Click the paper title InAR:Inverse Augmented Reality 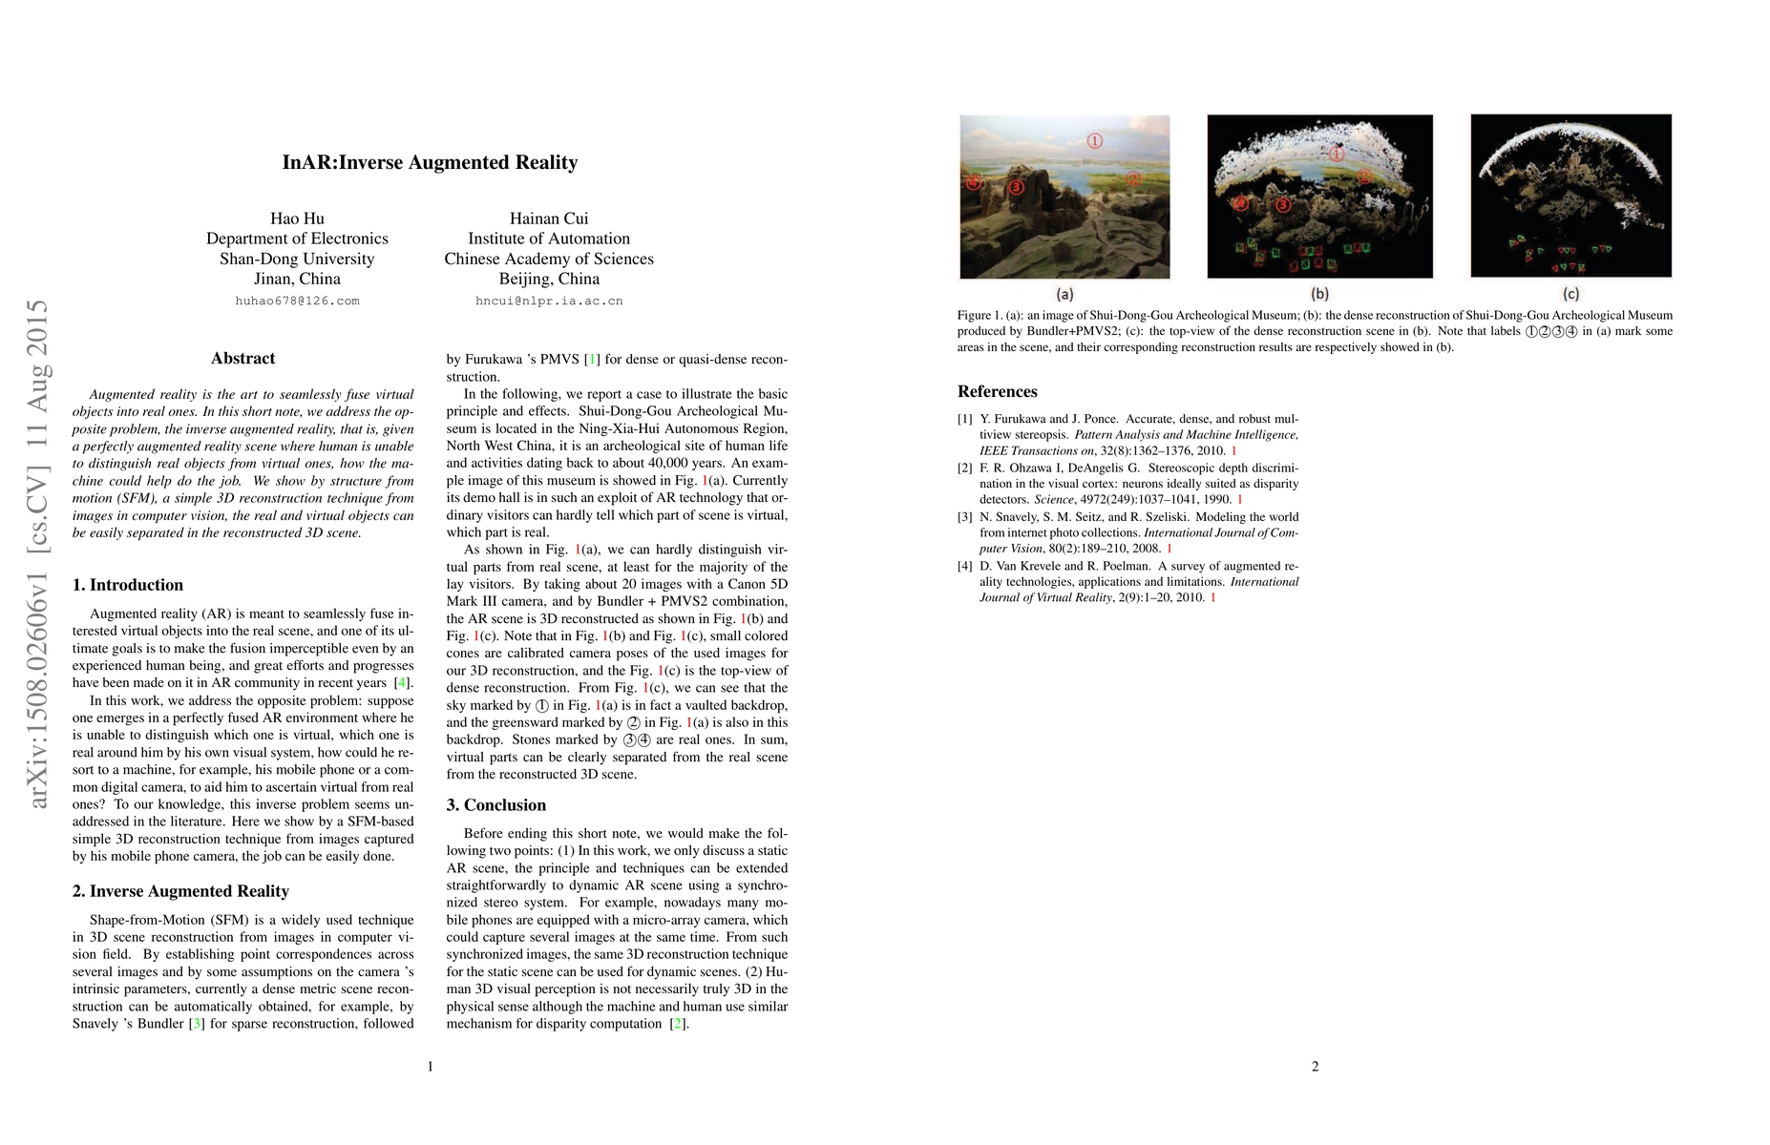click(x=430, y=162)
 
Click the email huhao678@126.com click(x=297, y=301)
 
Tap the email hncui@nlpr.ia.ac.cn click(x=549, y=301)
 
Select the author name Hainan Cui click(x=549, y=219)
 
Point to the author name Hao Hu click(x=297, y=219)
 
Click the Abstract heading click(x=242, y=359)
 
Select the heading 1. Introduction click(x=128, y=585)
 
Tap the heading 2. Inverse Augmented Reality click(x=180, y=891)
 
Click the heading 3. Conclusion click(x=496, y=805)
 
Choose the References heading click(x=998, y=391)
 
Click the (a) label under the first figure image click(x=1064, y=294)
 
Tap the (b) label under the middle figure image click(x=1319, y=294)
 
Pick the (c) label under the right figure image click(x=1570, y=294)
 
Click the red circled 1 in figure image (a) click(x=1094, y=141)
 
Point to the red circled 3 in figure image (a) click(x=1016, y=187)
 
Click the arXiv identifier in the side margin click(x=37, y=553)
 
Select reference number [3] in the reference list click(x=965, y=517)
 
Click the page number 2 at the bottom click(x=1315, y=1066)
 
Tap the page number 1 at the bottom click(x=430, y=1066)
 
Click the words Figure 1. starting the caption click(x=979, y=315)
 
